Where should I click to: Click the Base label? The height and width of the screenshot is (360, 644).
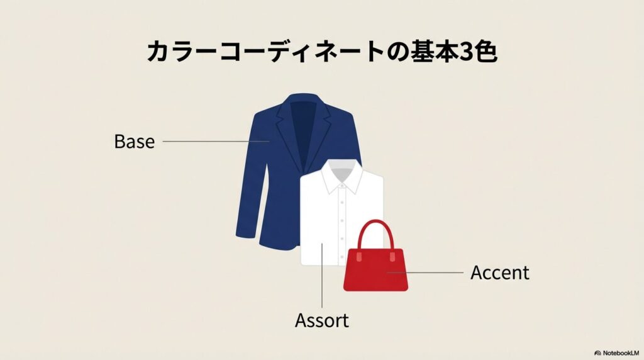(x=135, y=142)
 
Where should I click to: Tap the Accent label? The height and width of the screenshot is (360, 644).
(x=500, y=273)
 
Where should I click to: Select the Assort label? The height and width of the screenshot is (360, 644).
(x=322, y=320)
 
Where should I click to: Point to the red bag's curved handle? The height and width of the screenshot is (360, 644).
(x=375, y=223)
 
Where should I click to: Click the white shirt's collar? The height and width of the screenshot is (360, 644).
(x=341, y=177)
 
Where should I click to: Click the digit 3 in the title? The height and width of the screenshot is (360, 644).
(x=466, y=52)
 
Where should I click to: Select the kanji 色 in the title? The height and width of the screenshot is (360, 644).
(x=486, y=52)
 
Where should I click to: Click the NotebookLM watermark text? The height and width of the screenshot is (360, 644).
(x=621, y=353)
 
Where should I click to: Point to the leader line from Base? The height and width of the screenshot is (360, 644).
(x=216, y=142)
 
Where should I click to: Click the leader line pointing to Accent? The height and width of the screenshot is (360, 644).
(x=425, y=272)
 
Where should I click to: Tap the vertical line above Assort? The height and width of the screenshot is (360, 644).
(x=322, y=275)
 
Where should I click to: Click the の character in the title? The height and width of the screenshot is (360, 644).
(x=398, y=52)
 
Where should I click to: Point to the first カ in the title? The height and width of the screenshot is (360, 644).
(x=159, y=52)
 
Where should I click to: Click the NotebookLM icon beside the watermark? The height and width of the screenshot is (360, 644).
(x=597, y=353)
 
